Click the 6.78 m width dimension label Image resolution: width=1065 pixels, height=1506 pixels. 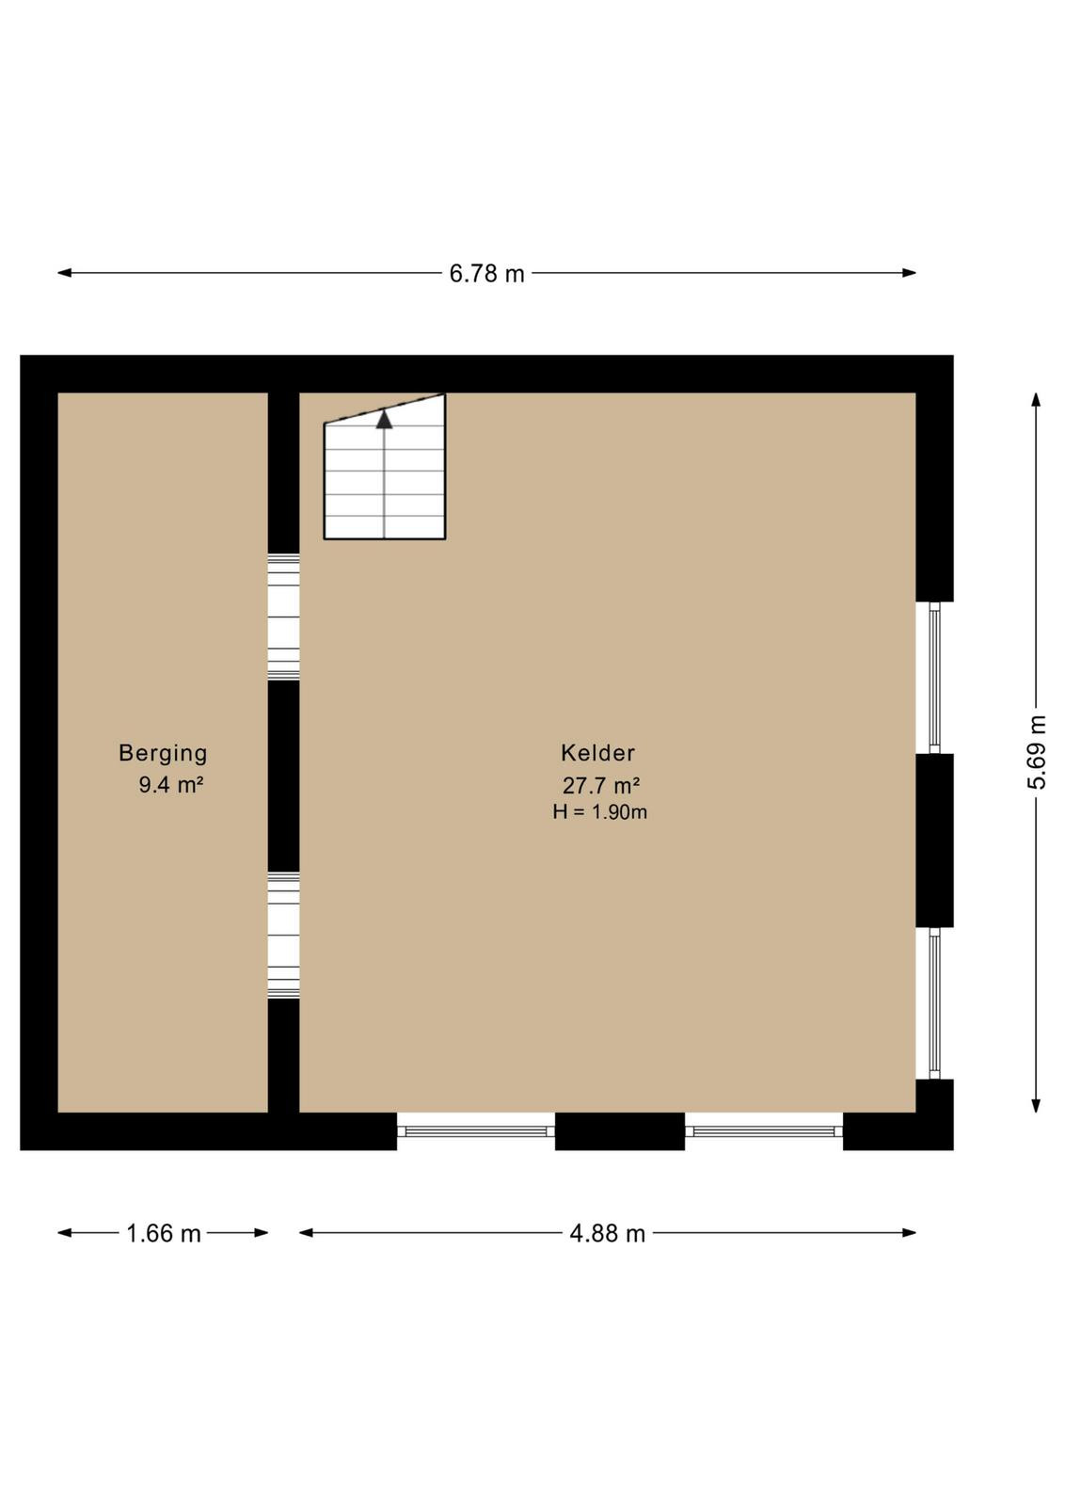click(x=486, y=274)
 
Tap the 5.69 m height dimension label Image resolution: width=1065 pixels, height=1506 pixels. click(x=1037, y=752)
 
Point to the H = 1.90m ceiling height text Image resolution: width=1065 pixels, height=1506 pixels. click(x=599, y=812)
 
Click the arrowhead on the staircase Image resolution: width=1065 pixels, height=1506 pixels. click(x=384, y=420)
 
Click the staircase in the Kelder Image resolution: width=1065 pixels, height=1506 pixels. click(x=385, y=467)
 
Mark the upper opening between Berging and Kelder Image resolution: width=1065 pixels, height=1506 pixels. click(x=283, y=617)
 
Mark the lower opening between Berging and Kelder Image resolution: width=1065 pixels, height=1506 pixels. click(x=283, y=936)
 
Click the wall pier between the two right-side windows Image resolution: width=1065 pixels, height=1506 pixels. click(x=934, y=841)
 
